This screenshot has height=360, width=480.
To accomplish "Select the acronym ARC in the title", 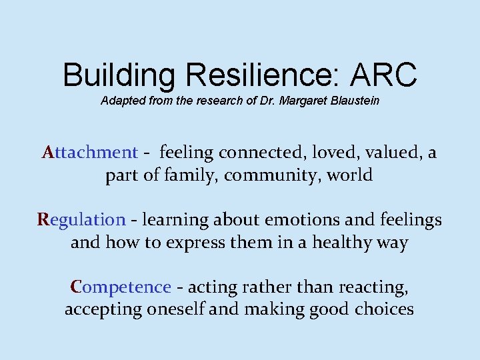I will pyautogui.click(x=387, y=75).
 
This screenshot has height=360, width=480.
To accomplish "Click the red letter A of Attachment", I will pyautogui.click(x=49, y=153).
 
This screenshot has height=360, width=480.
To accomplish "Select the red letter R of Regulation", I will pyautogui.click(x=44, y=219).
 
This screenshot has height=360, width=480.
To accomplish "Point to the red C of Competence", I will pyautogui.click(x=75, y=287).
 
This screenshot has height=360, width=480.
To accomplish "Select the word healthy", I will pyautogui.click(x=342, y=243).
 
